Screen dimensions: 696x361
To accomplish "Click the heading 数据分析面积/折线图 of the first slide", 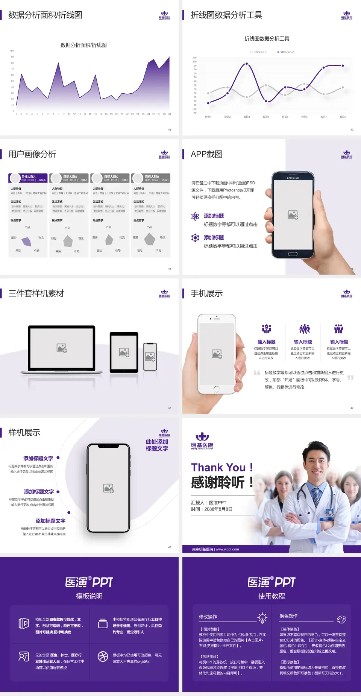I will coord(45,15).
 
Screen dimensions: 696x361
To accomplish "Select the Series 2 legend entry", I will coord(286,52).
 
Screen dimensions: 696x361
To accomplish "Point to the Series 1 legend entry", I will coord(258,52).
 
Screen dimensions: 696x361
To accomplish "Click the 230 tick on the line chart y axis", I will coord(194,58).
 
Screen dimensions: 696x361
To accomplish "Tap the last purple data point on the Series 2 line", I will coord(343,65).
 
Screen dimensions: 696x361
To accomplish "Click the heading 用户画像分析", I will coord(32,154).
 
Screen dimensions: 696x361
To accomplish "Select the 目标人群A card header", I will coord(28,178).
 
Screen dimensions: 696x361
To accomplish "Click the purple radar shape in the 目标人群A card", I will coord(26,241).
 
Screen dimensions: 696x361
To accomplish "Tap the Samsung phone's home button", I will coord(293,254).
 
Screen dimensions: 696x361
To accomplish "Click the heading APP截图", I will coord(206,154).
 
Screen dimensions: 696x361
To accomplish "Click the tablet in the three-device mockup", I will coord(124,352).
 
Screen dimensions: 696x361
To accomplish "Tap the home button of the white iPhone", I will coord(217,389).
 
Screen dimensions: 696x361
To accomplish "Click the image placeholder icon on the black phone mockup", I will coord(109,488).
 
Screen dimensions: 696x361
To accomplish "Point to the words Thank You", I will coord(218,468).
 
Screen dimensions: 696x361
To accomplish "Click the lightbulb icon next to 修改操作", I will coord(262,618).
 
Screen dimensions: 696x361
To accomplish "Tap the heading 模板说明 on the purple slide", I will coord(89,596).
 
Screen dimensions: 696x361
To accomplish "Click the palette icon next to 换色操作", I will coord(341,619).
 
